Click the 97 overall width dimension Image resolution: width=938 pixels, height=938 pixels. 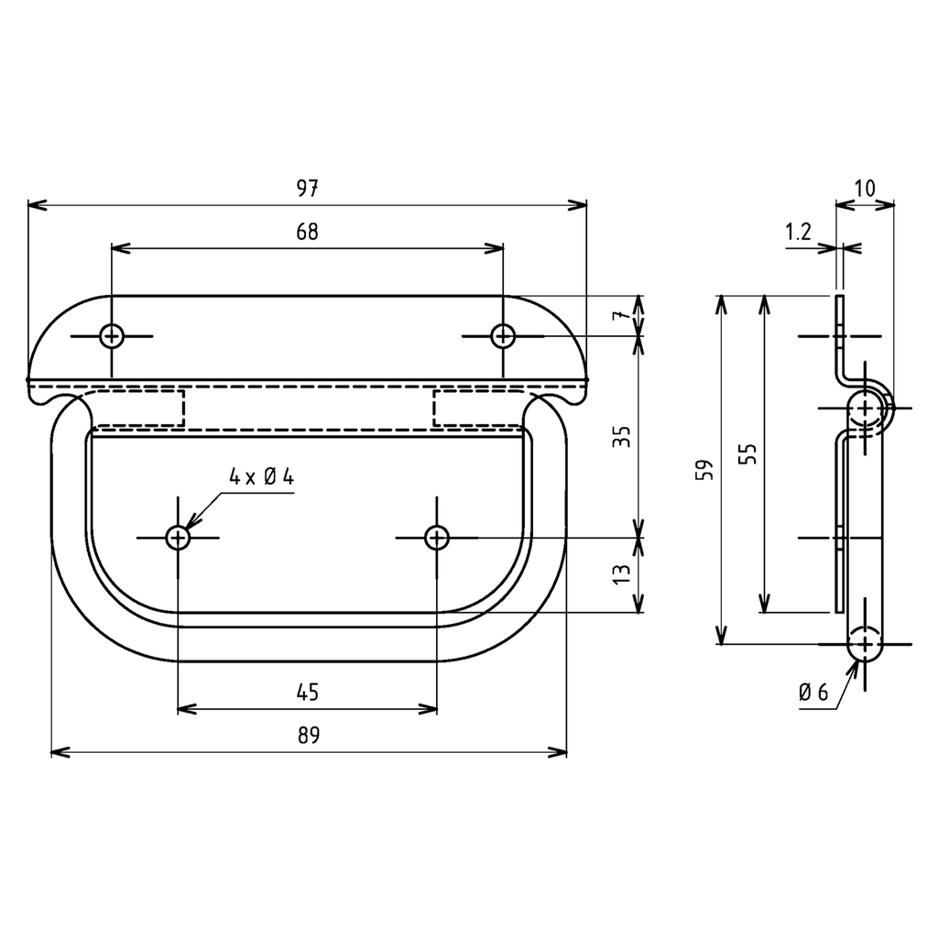click(307, 189)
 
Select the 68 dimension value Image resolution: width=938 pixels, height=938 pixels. click(307, 232)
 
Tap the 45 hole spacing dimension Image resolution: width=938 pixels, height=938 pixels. click(308, 692)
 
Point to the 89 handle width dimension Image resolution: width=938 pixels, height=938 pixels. click(308, 736)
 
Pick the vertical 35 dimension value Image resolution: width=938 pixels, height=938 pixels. click(622, 436)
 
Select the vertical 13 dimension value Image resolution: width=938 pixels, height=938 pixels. click(622, 574)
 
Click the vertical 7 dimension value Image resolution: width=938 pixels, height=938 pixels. click(622, 316)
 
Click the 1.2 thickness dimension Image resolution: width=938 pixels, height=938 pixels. click(798, 232)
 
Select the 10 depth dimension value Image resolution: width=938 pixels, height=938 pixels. click(865, 189)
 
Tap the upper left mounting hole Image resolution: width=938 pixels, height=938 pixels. click(112, 336)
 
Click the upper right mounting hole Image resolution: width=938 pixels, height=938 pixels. click(502, 336)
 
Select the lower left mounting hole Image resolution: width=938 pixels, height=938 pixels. click(178, 537)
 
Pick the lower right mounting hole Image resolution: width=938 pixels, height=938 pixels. click(437, 537)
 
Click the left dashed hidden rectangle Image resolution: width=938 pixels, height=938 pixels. click(139, 408)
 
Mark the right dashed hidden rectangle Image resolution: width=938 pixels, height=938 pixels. click(476, 408)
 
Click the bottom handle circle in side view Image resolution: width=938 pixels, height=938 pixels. click(864, 643)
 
